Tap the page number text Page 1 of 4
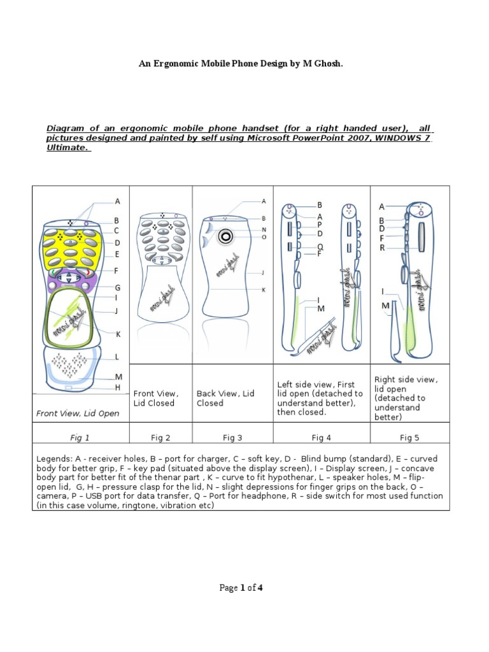click(241, 588)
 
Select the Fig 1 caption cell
click(80, 437)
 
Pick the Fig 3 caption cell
click(232, 437)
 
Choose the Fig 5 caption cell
click(410, 437)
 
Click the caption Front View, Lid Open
click(78, 413)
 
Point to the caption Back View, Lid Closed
click(225, 398)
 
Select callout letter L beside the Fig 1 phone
click(117, 357)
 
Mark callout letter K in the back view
click(264, 290)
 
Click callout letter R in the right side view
click(382, 248)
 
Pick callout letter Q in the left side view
click(320, 246)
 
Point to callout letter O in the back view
click(264, 237)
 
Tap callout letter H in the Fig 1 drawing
click(118, 387)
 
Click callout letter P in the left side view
click(320, 225)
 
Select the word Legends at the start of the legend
click(55, 459)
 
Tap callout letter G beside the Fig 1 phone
click(118, 288)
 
